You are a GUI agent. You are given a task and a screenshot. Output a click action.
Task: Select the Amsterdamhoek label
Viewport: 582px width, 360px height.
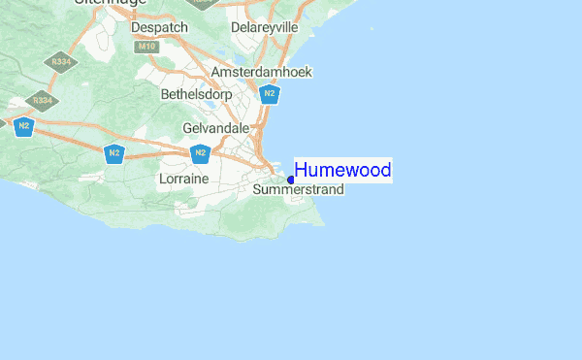260,73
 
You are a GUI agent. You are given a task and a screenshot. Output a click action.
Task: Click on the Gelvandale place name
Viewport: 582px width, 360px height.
216,128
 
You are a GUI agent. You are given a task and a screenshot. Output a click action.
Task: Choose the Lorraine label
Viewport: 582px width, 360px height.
183,180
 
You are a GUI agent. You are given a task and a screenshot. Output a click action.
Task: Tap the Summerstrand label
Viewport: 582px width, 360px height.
298,190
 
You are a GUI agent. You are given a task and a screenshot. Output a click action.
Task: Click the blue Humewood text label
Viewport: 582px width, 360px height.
342,171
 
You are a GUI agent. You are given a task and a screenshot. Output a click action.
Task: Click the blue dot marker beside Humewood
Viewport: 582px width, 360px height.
291,180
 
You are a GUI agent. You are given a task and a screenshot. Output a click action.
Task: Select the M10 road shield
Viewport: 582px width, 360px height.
146,46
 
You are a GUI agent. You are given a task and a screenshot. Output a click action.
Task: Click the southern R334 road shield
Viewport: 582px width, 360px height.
41,99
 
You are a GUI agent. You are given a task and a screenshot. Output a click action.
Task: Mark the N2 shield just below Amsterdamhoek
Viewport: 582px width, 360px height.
271,94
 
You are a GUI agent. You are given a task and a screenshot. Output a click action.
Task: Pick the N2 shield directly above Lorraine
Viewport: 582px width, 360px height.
200,153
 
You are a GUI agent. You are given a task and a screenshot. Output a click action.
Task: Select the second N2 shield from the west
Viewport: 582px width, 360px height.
114,153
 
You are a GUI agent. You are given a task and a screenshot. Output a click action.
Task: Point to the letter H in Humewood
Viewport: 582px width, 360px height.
301,171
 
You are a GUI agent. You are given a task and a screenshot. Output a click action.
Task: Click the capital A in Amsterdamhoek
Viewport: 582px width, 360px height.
215,73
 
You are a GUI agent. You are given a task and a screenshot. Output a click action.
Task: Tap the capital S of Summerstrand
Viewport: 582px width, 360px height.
257,190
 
